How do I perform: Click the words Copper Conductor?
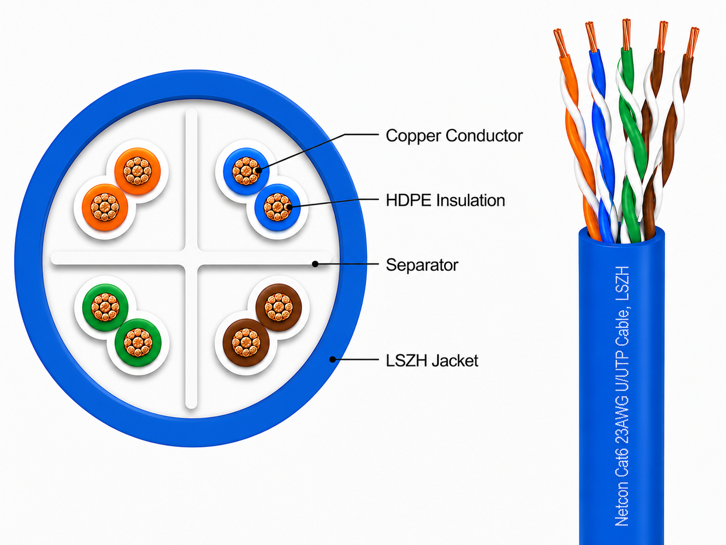(x=454, y=135)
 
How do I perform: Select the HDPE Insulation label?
(x=445, y=201)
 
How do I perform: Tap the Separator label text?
(x=422, y=265)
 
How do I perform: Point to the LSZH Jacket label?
(x=432, y=361)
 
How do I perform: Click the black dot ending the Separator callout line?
(x=315, y=264)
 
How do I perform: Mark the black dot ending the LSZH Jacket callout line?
(x=332, y=359)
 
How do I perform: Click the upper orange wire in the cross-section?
(x=137, y=171)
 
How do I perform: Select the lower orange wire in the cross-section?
(x=105, y=207)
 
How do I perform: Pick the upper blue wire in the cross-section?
(x=246, y=171)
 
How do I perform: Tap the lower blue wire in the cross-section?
(x=277, y=207)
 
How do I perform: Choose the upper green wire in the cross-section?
(x=105, y=308)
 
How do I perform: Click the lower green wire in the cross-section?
(x=138, y=342)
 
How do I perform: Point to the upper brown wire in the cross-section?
(x=278, y=308)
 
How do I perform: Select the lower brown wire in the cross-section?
(x=246, y=342)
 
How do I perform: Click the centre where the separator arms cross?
(x=192, y=258)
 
